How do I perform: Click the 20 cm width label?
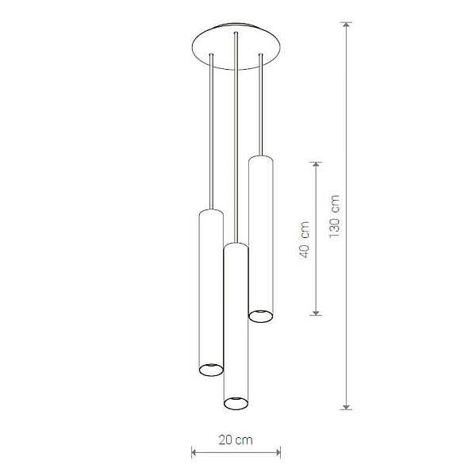pyautogui.click(x=236, y=440)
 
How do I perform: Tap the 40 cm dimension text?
pyautogui.click(x=304, y=240)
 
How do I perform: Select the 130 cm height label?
pyautogui.click(x=334, y=216)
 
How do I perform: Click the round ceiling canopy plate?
pyautogui.click(x=236, y=47)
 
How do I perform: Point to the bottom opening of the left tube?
pyautogui.click(x=211, y=370)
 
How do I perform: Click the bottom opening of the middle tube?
pyautogui.click(x=236, y=403)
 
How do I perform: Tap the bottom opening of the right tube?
pyautogui.click(x=261, y=317)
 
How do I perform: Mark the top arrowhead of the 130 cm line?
pyautogui.click(x=346, y=25)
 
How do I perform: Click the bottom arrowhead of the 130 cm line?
pyautogui.click(x=346, y=406)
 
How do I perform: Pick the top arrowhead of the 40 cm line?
pyautogui.click(x=316, y=165)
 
